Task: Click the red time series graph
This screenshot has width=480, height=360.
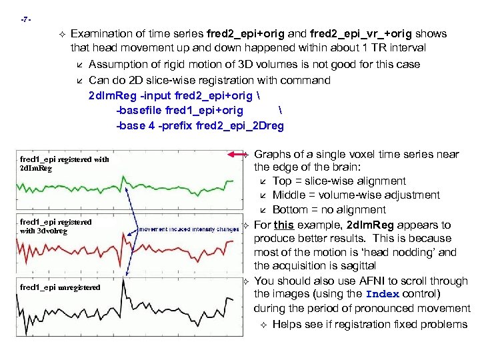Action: (173, 243)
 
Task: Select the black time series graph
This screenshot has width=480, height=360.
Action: (173, 307)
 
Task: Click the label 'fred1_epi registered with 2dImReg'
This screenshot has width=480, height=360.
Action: (64, 163)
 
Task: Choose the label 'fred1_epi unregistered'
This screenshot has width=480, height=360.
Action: (60, 287)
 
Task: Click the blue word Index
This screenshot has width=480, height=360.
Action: (382, 295)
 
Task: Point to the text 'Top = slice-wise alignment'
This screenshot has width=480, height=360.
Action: (339, 181)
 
